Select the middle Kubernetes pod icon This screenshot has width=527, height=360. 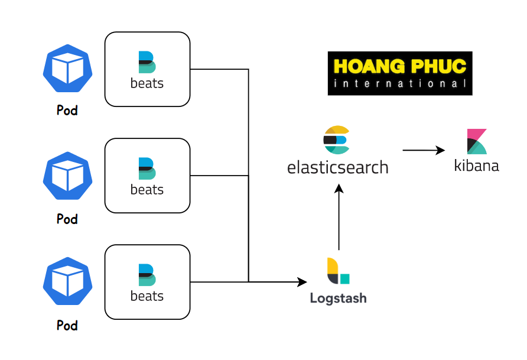(68, 176)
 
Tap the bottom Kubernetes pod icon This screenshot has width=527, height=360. (68, 282)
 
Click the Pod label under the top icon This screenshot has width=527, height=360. (67, 111)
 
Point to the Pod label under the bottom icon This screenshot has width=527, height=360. (67, 326)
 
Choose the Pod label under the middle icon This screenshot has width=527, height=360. (67, 219)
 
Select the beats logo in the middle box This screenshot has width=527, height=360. (147, 169)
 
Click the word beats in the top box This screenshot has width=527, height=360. (147, 83)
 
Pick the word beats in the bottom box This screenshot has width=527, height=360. (147, 296)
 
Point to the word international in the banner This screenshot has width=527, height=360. (400, 84)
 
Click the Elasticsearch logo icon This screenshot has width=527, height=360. (337, 140)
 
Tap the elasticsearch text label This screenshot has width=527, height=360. (338, 168)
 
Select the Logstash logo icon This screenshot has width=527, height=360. (338, 271)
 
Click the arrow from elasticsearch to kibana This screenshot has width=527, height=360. (424, 151)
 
